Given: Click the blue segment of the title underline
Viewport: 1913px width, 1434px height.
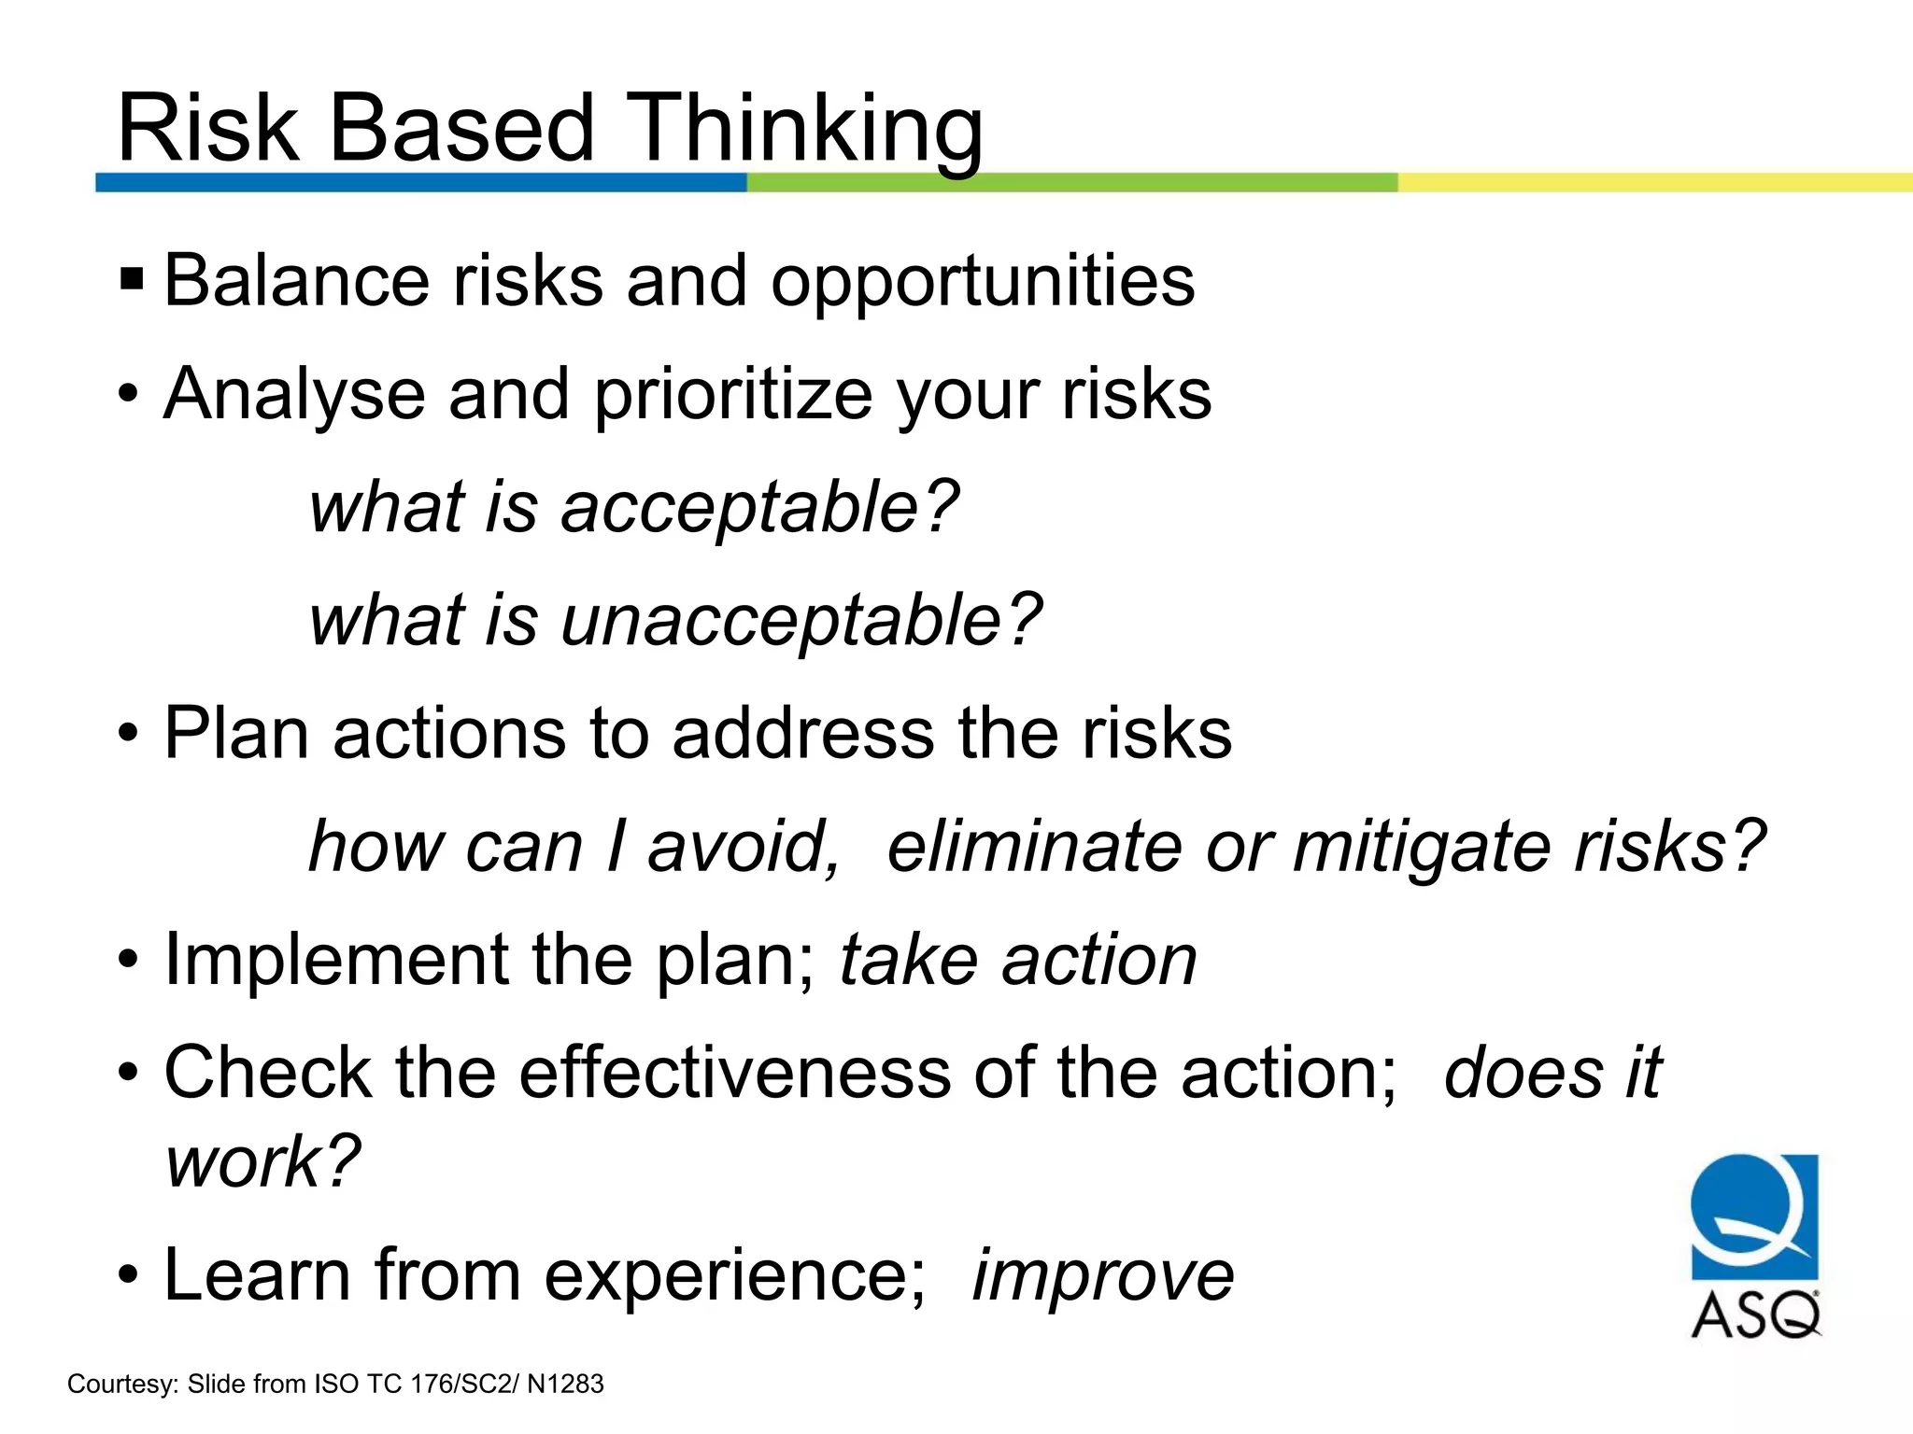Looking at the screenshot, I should [x=420, y=182].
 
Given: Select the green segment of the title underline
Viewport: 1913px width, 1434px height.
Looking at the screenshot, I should [x=1071, y=182].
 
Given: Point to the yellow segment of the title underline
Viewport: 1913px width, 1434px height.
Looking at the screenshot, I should [x=1653, y=182].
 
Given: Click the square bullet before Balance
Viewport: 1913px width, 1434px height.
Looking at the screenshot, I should [x=132, y=279].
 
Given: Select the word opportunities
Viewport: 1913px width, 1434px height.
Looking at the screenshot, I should [x=982, y=281].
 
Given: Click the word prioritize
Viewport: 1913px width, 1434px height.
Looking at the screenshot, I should [x=732, y=395].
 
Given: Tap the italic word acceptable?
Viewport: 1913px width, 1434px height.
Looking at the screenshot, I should [x=759, y=508].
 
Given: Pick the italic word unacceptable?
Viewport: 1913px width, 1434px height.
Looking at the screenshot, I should [x=801, y=621].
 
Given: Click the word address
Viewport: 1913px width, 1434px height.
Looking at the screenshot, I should [x=802, y=733].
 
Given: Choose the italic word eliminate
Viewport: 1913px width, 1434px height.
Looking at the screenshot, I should [x=1034, y=846].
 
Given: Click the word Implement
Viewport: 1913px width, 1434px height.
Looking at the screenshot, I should [x=336, y=960].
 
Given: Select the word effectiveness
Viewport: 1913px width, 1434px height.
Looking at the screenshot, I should [x=734, y=1073].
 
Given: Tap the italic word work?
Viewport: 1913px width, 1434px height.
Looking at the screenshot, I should [x=262, y=1162].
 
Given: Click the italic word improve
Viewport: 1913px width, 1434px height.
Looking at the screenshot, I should [x=1103, y=1275].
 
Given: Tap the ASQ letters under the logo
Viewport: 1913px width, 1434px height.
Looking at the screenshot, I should [x=1754, y=1315].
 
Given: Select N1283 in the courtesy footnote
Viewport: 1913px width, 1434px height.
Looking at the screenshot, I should [x=565, y=1384].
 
